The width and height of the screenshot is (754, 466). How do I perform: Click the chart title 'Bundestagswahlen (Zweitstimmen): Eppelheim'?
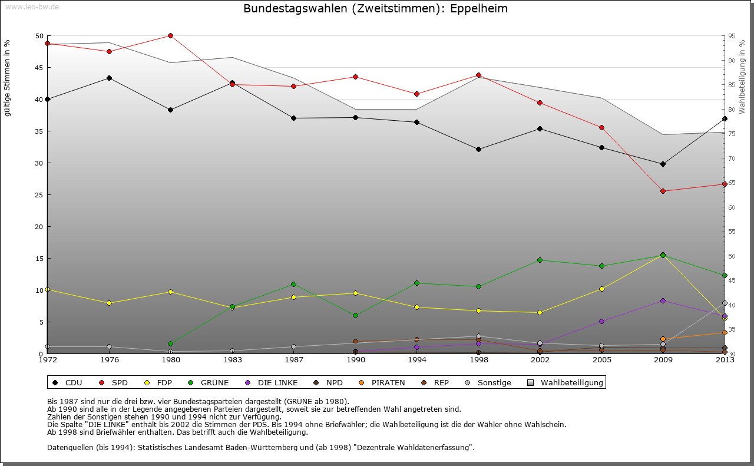375,9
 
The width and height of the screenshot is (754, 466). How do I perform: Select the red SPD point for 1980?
170,35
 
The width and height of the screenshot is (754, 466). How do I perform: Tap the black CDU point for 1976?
109,78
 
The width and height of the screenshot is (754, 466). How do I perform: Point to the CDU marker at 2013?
725,118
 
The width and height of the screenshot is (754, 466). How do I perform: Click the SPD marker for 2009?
663,191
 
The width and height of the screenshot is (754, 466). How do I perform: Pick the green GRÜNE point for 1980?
170,343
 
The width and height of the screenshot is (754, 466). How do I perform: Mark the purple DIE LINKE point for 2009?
663,300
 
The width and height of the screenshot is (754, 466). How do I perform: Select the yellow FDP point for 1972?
47,289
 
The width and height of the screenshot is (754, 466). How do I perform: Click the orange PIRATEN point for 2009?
663,339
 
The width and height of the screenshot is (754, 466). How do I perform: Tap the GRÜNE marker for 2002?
540,260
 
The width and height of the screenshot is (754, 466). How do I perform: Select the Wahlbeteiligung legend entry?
565,383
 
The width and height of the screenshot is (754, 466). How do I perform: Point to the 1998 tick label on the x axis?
478,359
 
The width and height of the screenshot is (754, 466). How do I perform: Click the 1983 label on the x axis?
232,359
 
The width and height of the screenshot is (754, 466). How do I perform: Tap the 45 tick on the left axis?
39,68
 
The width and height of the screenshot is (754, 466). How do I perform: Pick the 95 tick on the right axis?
732,36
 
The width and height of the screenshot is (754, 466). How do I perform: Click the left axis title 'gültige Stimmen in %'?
7,78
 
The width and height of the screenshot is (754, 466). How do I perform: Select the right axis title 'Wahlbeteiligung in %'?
742,77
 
